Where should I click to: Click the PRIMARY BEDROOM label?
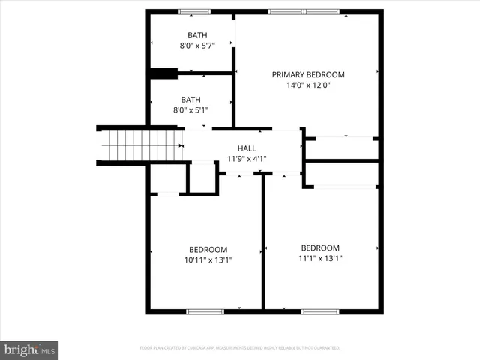[308, 74]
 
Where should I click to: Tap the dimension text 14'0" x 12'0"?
[308, 85]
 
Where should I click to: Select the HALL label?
[247, 148]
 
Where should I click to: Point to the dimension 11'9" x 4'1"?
[247, 159]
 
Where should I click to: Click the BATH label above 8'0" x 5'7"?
[197, 35]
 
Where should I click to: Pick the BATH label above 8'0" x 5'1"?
[190, 99]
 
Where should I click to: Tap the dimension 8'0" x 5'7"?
[197, 46]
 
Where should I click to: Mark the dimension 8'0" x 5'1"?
[190, 110]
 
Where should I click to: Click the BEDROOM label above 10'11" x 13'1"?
[208, 249]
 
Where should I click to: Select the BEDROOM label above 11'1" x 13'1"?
[320, 247]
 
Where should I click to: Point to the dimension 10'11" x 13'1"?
[208, 260]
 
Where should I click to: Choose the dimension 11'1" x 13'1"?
[320, 259]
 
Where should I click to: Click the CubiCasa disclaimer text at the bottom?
[240, 348]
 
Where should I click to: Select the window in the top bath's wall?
[195, 11]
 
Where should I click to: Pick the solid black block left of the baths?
[163, 73]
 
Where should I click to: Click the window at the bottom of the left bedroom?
[205, 310]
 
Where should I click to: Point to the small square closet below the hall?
[201, 178]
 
